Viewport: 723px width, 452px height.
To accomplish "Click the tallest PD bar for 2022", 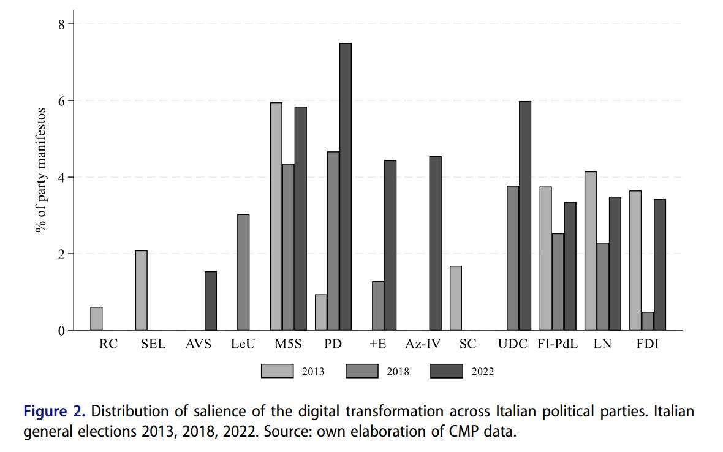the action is point(346,187).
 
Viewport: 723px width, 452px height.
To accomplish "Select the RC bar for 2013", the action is point(96,318).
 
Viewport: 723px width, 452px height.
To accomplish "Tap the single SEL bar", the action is point(142,290).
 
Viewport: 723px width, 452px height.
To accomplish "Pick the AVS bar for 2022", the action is point(211,301).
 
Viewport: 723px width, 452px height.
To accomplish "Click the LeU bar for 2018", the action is point(243,273).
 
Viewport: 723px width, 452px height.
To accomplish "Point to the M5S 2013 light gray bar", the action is point(276,217).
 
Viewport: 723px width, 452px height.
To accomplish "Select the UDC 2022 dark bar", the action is point(525,216).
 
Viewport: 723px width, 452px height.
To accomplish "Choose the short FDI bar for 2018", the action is point(648,321).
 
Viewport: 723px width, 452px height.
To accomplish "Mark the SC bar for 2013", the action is point(456,298).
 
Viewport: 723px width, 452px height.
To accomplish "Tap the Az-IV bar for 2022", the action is point(435,243).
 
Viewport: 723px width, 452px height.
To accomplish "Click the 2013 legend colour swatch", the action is point(277,371).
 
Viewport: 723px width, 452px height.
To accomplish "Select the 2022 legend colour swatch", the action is point(447,371).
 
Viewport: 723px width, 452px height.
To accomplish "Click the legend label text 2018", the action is point(398,371).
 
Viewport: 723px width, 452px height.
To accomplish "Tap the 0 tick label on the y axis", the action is point(61,331).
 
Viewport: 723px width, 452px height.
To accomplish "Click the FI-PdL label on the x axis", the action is point(558,344).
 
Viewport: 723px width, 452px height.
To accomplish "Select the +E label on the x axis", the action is point(378,344).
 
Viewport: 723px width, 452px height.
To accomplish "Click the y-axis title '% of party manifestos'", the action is point(41,170).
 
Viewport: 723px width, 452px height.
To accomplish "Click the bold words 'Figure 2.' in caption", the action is point(55,412).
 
